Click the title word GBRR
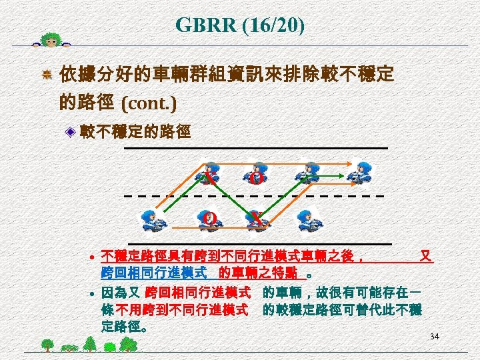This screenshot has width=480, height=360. [205, 25]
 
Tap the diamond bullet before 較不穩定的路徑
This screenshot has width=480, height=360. [71, 133]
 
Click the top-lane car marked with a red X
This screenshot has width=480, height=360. [211, 173]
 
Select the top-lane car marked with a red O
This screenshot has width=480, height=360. [257, 173]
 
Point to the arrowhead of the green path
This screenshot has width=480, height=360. [347, 177]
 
